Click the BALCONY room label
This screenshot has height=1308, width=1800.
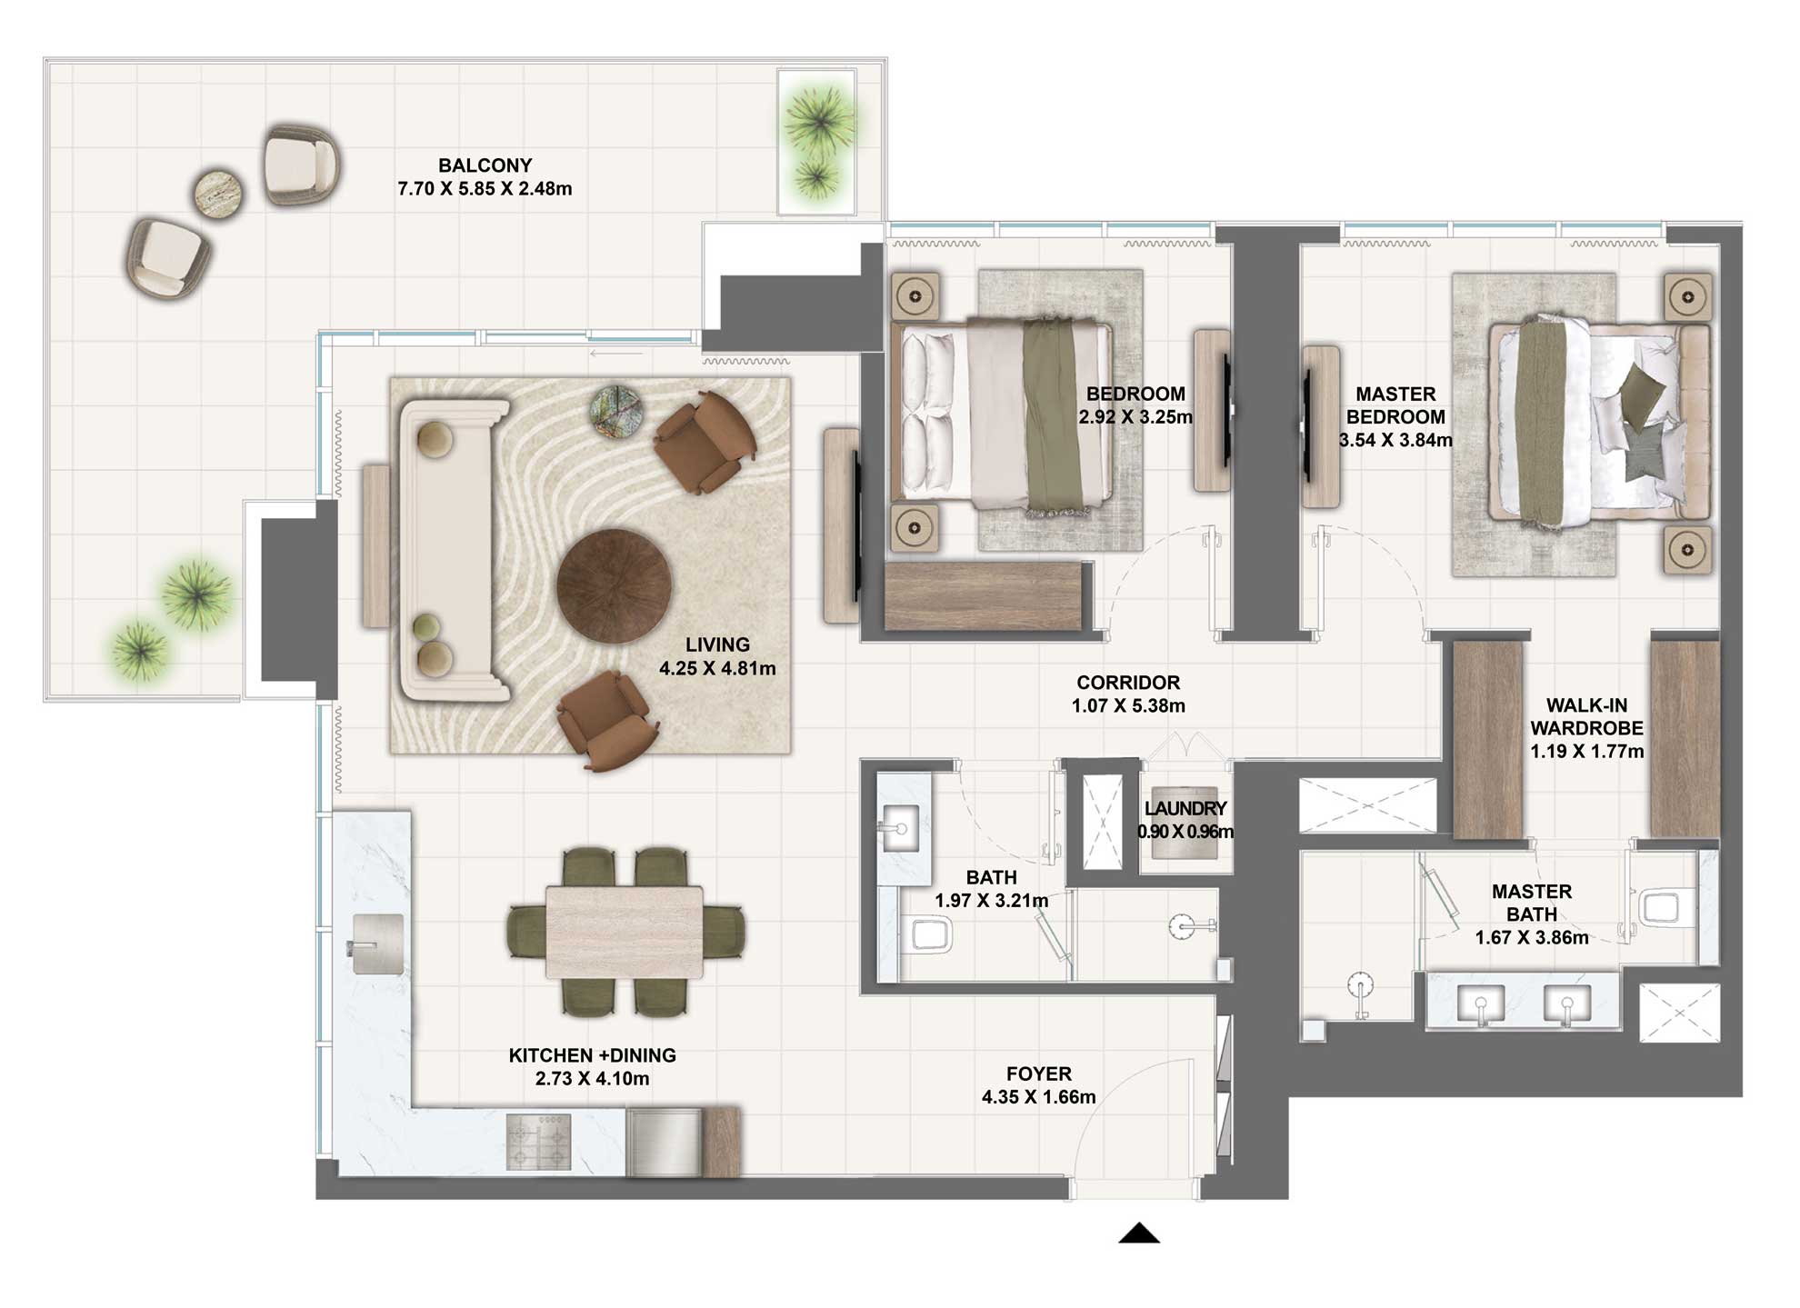tap(485, 165)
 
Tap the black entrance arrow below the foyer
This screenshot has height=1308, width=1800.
tap(1138, 1233)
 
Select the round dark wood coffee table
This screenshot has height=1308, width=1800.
tap(615, 586)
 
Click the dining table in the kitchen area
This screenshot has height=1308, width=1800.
tap(624, 932)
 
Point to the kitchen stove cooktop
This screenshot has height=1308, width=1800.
tap(538, 1142)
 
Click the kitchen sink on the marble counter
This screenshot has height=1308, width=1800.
tap(376, 944)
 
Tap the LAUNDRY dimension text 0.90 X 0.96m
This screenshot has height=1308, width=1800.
tap(1185, 832)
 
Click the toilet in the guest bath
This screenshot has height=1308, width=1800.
tap(930, 934)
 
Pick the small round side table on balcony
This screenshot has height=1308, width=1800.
tap(218, 193)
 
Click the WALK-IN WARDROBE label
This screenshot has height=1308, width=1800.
tap(1586, 716)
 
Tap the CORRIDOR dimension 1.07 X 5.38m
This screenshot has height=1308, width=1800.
tap(1127, 705)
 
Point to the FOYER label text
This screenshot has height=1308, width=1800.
tap(1038, 1073)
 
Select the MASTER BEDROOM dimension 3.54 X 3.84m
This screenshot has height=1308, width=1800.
tap(1395, 440)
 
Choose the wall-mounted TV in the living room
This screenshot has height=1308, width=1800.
tap(856, 525)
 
